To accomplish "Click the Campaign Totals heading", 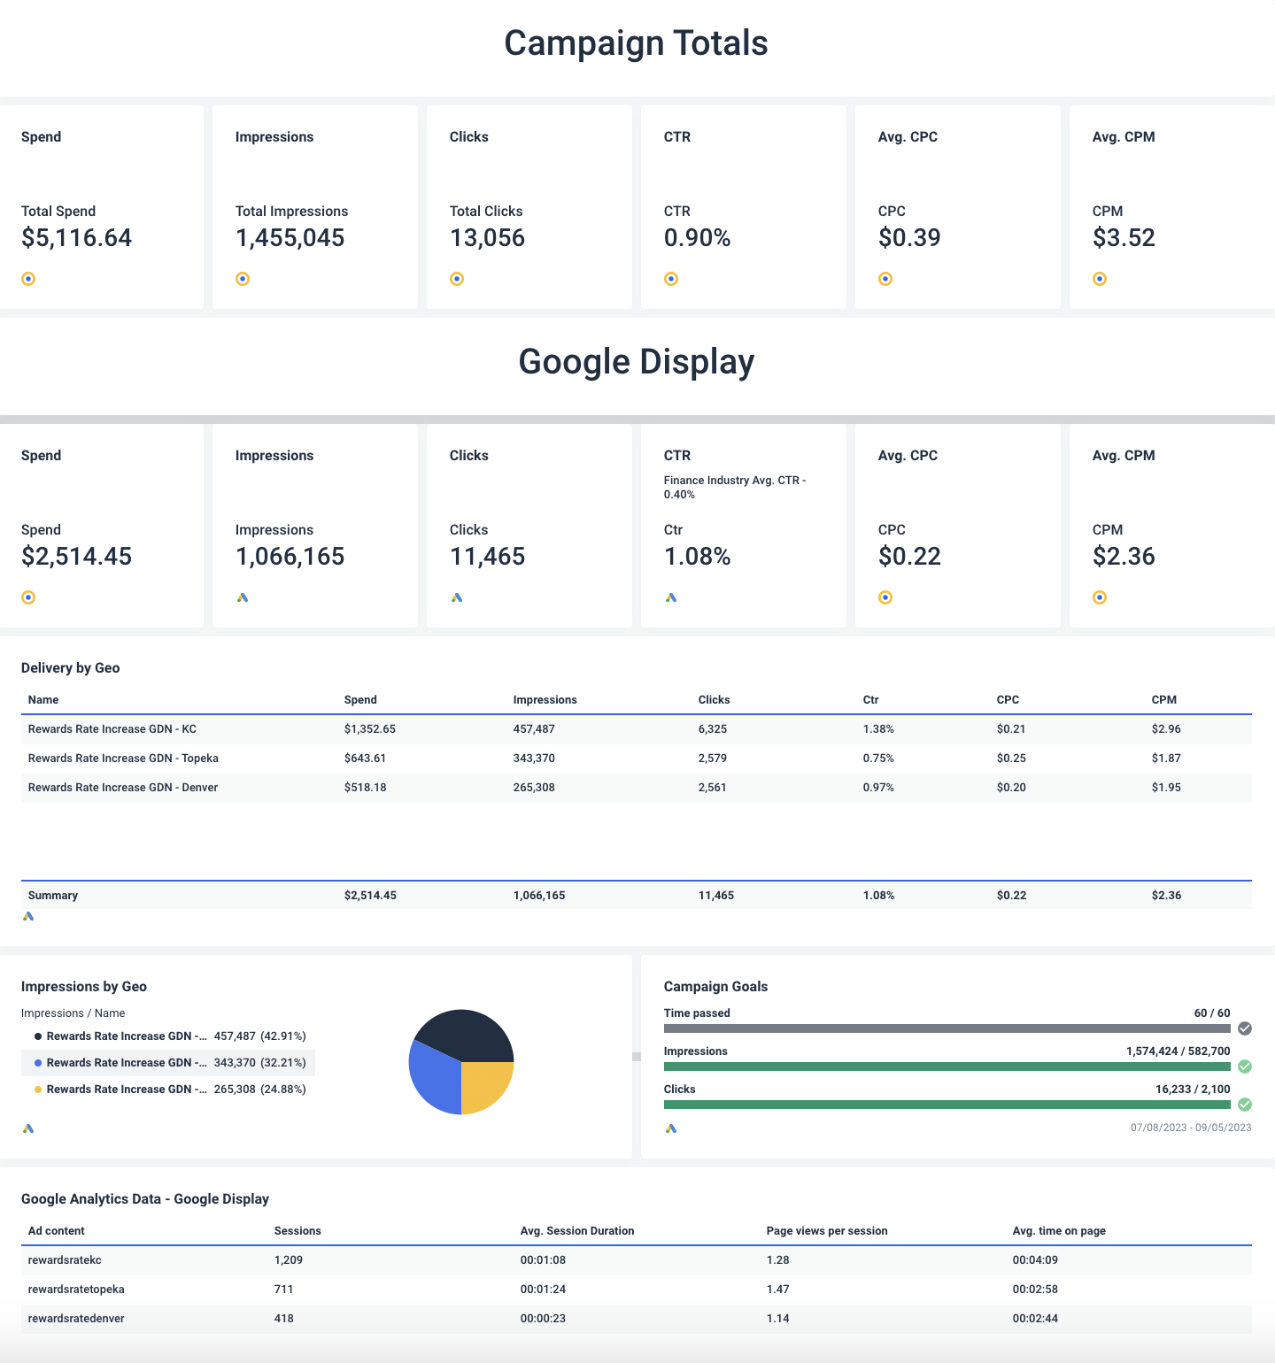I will (x=636, y=43).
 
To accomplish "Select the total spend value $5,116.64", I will (x=76, y=238).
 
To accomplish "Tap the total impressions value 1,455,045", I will (x=290, y=238).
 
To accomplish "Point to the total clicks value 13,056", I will (x=487, y=238).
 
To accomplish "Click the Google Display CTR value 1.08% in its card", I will (x=697, y=557).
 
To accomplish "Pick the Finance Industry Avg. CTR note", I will (x=734, y=487).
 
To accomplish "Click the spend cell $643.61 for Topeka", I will (x=365, y=759).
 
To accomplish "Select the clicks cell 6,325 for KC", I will (x=712, y=729).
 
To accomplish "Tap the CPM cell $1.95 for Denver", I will (x=1166, y=788).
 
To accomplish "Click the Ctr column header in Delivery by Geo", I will (x=870, y=700).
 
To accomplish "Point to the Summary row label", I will (x=53, y=896).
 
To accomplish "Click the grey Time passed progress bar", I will (x=947, y=1028).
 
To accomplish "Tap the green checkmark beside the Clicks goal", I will (x=1245, y=1105).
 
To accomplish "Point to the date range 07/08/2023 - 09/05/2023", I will (x=1190, y=1128).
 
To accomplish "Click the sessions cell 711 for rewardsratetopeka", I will (x=283, y=1290).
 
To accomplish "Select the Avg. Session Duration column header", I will (x=576, y=1231).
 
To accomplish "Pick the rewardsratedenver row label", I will (x=76, y=1319).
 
